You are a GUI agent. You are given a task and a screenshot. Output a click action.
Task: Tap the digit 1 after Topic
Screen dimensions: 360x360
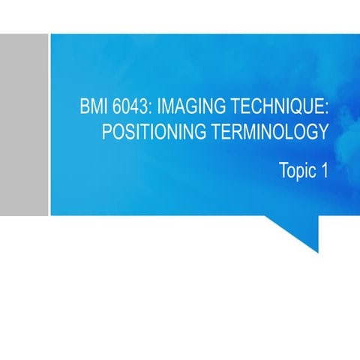click(324, 171)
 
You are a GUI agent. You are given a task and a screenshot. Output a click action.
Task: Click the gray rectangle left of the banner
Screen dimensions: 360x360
click(24, 124)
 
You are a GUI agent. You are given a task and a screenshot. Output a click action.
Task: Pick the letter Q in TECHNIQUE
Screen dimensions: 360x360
click(295, 106)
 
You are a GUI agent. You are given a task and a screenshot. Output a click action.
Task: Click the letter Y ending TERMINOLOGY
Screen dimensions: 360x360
click(323, 133)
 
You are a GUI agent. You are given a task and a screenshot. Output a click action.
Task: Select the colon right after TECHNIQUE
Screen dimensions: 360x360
click(326, 108)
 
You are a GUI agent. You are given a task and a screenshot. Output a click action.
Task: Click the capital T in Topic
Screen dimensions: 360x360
click(283, 171)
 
